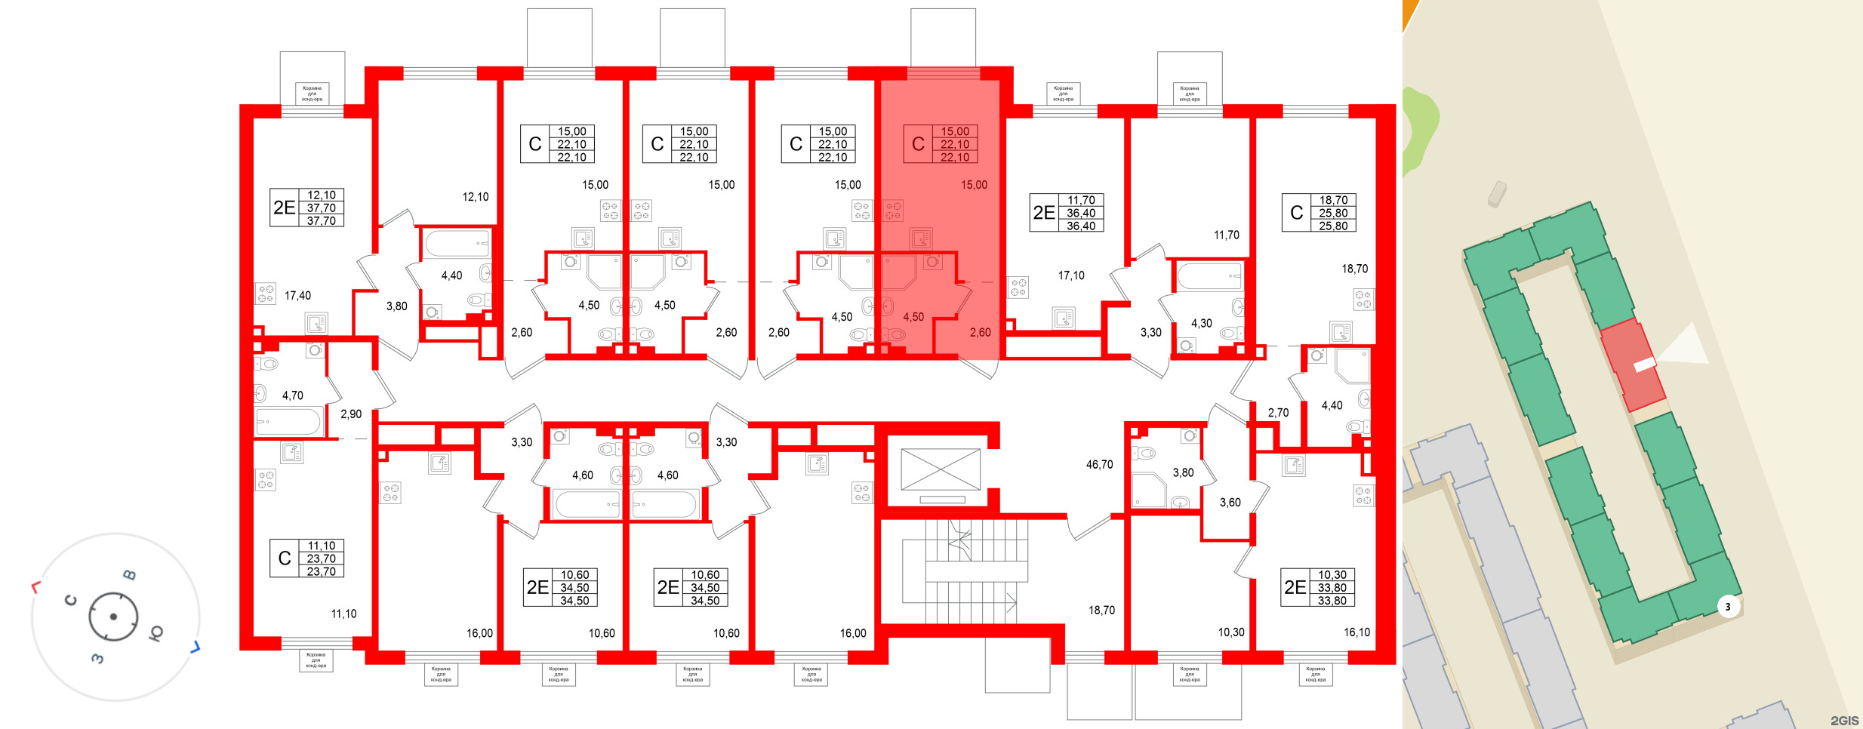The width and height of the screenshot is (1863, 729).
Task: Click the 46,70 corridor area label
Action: coord(1099,465)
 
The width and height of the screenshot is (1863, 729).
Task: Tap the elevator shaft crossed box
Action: coord(941,469)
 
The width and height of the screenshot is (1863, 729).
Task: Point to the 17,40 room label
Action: coord(297,296)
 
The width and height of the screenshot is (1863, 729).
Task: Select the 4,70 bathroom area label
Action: coord(292,395)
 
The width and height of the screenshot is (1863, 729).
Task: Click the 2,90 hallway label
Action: coord(351,414)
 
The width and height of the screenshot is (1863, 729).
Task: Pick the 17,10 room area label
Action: coord(1071,276)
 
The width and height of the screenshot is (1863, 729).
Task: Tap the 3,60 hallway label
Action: coord(1230,503)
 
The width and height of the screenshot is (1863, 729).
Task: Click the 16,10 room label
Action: coord(1356,632)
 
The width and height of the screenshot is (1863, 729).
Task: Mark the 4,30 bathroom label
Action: coord(1201,324)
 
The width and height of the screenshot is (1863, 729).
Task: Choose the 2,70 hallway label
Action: coord(1278,413)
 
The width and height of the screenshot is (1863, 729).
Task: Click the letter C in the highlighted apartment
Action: coord(918,144)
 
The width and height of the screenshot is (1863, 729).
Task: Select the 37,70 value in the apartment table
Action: coord(322,208)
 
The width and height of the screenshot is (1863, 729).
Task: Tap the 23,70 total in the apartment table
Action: coord(322,559)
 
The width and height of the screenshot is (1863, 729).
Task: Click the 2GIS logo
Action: coord(1844,721)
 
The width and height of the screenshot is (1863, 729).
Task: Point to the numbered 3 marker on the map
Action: coord(1728,607)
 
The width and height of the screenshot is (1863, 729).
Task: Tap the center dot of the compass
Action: coord(113,617)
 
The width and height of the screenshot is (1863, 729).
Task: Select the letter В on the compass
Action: coord(130,575)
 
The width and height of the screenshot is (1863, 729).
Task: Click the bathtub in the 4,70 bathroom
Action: coord(288,422)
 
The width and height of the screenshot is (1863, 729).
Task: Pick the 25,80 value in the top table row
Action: coord(1333,214)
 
